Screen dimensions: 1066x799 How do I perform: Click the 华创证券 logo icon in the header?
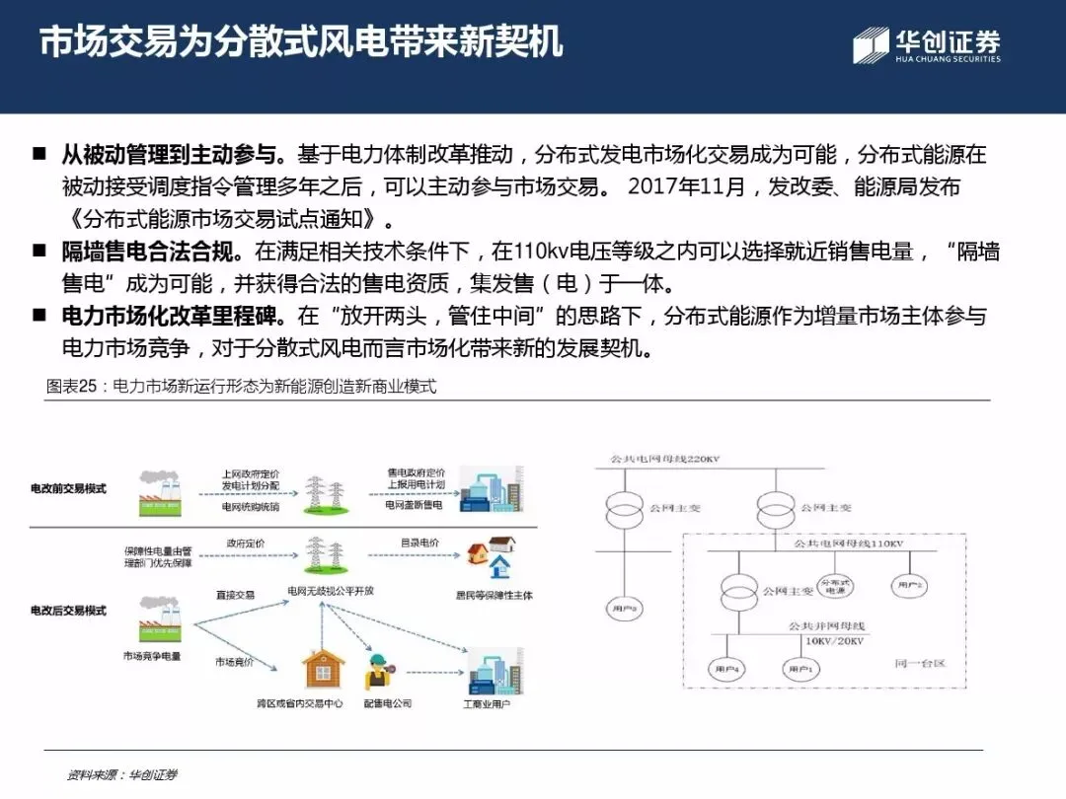point(871,45)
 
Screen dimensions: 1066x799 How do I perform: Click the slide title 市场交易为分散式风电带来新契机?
point(301,42)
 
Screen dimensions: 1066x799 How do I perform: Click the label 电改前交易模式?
point(68,489)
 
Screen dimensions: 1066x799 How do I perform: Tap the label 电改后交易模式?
point(68,612)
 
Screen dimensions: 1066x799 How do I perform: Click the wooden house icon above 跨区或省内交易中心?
point(322,668)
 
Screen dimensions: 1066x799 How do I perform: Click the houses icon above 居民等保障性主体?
point(494,557)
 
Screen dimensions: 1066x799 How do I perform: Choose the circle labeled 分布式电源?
point(835,586)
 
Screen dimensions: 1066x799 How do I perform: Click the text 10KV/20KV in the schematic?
point(834,641)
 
